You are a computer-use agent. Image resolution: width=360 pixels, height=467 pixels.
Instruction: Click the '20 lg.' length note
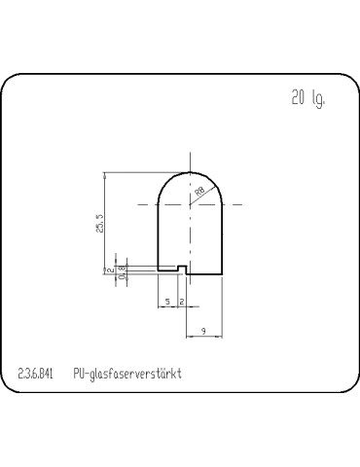(306, 98)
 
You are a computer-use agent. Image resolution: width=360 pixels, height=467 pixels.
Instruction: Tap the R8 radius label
(199, 192)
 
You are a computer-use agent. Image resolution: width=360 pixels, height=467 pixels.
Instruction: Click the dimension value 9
(203, 332)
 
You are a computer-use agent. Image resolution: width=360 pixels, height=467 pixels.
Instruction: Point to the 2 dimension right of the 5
(182, 303)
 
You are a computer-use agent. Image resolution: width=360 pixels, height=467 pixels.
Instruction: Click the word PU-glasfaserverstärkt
(127, 373)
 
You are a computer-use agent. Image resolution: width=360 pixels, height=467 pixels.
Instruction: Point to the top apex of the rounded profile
(190, 173)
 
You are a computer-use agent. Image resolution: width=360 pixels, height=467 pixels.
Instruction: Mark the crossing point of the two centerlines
(190, 204)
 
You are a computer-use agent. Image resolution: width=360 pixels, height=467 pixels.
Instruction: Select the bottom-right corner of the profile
(221, 272)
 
